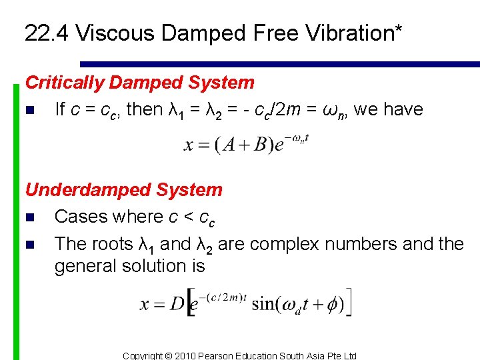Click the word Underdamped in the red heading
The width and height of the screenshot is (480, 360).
77,189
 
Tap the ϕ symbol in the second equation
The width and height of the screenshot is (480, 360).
330,305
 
